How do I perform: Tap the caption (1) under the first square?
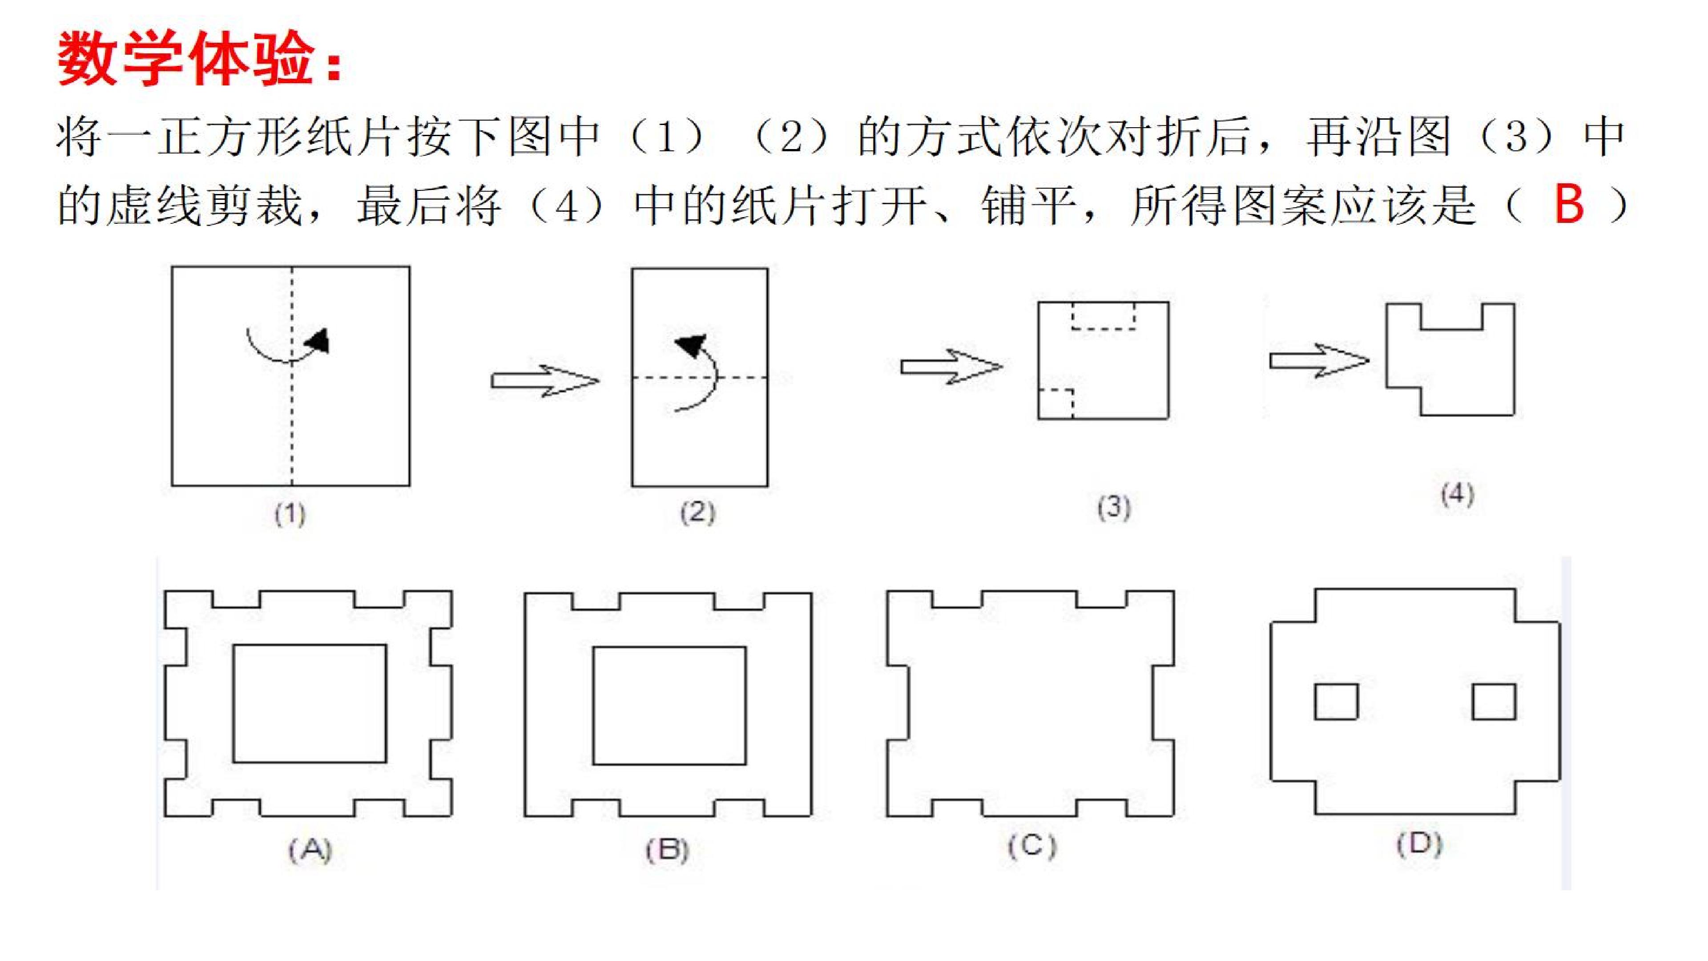click(x=290, y=514)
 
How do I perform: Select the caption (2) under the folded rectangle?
click(x=697, y=513)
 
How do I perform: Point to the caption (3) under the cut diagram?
click(x=1114, y=507)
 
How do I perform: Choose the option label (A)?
click(x=310, y=850)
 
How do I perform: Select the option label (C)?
click(x=1032, y=846)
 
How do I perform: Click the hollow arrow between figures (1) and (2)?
click(x=545, y=381)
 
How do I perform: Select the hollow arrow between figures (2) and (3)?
click(x=951, y=366)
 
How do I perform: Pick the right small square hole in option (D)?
click(x=1494, y=702)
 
